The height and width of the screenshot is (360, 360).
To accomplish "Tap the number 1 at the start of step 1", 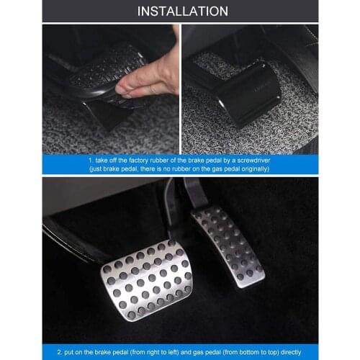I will [x=89, y=160].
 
